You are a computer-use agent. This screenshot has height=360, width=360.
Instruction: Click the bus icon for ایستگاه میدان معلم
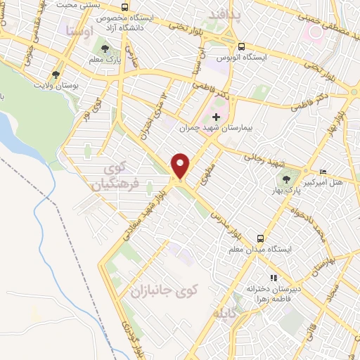[x=261, y=238]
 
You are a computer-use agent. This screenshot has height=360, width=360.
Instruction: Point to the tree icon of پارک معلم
[x=105, y=49]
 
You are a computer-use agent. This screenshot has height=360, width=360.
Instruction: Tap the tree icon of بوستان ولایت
[x=55, y=73]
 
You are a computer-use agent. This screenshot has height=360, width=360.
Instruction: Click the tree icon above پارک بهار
[x=286, y=177]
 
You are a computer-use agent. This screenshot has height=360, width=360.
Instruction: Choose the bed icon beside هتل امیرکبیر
[x=323, y=172]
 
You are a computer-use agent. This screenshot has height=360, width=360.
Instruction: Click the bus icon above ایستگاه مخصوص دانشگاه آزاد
[x=124, y=8]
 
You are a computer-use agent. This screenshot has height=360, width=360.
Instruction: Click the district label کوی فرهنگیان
[x=110, y=179]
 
